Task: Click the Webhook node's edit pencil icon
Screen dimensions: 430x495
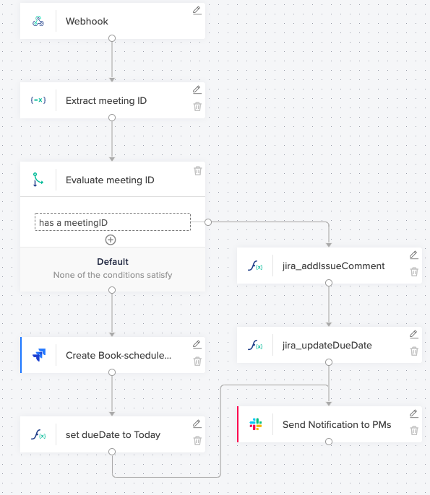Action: pos(197,10)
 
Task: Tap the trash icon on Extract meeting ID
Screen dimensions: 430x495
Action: pos(197,106)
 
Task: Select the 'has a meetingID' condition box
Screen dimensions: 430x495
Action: pos(113,222)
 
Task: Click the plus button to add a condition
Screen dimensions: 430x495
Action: pos(111,240)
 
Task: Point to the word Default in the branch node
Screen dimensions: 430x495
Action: pos(113,262)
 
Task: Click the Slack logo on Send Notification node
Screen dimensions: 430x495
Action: pos(256,424)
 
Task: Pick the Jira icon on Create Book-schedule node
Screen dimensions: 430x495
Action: pos(39,355)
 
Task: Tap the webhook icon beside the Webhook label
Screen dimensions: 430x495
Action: pos(38,21)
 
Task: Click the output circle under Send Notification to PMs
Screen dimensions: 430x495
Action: pos(329,442)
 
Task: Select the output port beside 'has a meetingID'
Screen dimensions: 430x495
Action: pos(208,222)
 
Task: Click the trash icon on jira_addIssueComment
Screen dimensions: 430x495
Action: pos(414,272)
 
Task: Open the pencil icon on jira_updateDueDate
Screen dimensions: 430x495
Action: pos(414,334)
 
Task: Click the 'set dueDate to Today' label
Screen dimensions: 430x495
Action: pos(113,434)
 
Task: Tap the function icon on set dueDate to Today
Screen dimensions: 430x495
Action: pos(38,434)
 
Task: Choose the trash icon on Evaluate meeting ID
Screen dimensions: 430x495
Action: pos(197,171)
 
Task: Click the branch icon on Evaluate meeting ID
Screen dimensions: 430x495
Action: pos(38,180)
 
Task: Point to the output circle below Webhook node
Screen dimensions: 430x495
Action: pos(112,38)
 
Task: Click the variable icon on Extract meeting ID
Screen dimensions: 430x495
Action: pos(38,100)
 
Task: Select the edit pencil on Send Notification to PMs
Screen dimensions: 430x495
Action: pos(414,413)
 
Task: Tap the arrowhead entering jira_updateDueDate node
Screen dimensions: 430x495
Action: pos(329,325)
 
